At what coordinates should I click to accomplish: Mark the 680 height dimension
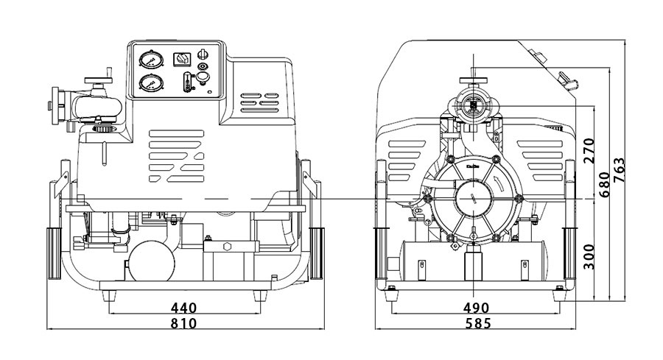(x=604, y=184)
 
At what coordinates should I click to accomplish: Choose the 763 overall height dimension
(x=620, y=172)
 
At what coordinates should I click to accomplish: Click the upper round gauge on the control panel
(x=150, y=60)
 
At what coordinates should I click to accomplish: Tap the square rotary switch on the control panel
(x=180, y=58)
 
